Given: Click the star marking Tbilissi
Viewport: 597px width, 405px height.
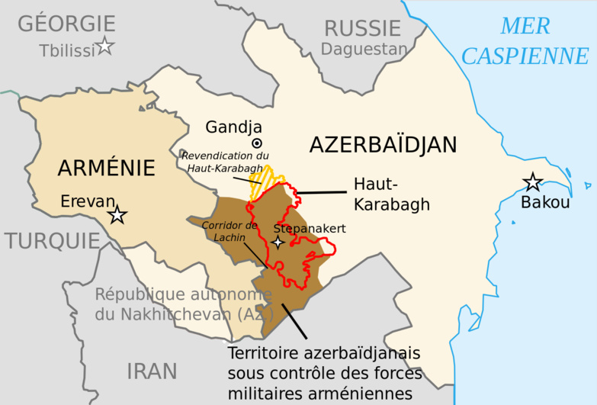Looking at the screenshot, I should [104, 47].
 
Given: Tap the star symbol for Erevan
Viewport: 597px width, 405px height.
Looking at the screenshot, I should [117, 215].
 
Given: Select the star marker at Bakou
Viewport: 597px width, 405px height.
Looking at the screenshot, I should [532, 182].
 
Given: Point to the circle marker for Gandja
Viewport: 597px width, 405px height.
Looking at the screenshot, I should [257, 143].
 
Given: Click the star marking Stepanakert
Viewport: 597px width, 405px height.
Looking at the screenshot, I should [279, 243].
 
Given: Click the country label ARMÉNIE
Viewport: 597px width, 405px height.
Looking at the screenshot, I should [106, 168].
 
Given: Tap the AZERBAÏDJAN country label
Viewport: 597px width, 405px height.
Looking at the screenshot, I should [383, 144].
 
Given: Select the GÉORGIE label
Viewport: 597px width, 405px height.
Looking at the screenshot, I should [66, 24].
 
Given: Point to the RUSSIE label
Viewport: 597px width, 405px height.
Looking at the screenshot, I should [362, 29].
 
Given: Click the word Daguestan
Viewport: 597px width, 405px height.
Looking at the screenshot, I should [364, 50].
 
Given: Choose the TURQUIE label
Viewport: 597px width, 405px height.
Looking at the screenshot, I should [52, 241].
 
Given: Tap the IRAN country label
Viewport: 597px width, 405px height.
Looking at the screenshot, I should [152, 371].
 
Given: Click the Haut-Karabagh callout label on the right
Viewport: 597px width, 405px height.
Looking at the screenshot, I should [391, 194].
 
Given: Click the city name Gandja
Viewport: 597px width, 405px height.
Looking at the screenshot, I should [233, 127].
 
